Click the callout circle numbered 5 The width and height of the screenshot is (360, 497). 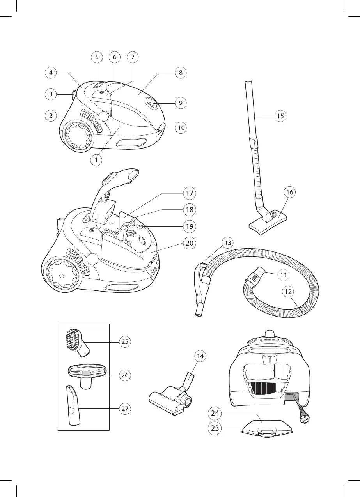(x=97, y=57)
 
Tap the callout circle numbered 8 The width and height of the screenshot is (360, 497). (x=180, y=73)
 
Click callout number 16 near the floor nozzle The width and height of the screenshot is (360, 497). (x=289, y=192)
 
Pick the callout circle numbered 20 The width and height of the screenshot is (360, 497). (x=190, y=243)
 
